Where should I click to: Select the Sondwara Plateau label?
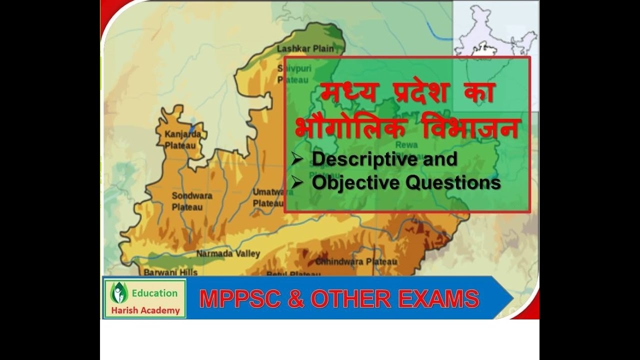192,201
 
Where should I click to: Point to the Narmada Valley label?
228,254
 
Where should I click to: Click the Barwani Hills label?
170,272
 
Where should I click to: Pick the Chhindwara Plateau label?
356,261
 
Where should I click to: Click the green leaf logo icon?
118,293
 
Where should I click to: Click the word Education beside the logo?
155,293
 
